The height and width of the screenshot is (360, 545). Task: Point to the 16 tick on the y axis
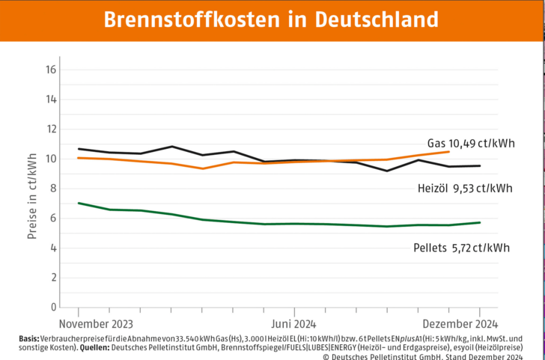tap(52, 70)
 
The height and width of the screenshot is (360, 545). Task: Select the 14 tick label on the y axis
tap(52, 100)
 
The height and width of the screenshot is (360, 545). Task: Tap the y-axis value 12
tap(52, 129)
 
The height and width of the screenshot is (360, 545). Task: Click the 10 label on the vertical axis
tap(52, 159)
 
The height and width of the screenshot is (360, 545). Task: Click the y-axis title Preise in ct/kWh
tap(32, 188)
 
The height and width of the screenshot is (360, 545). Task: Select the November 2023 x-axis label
tap(96, 324)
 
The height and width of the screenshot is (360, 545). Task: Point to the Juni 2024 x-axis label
tap(293, 324)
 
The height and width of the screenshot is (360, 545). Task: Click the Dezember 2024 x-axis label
tap(460, 324)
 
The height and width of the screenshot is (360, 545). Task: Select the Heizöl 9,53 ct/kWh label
tap(464, 189)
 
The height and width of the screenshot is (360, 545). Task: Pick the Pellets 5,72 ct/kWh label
tap(461, 247)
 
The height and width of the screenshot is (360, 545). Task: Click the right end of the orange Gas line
tap(448, 151)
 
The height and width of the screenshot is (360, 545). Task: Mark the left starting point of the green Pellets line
tap(79, 203)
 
